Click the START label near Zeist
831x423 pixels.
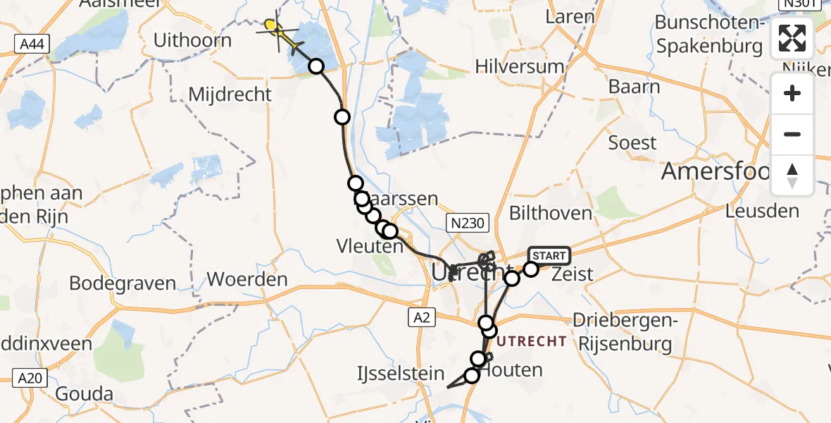[549, 255]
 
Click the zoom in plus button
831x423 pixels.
[792, 94]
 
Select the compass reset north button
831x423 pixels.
[792, 175]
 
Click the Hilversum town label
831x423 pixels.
[520, 67]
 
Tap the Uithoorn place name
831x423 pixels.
[193, 40]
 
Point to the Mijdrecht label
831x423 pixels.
[230, 94]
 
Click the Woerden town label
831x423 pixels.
[247, 279]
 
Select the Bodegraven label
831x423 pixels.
[123, 283]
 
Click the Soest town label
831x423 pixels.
[632, 143]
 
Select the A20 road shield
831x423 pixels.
[30, 379]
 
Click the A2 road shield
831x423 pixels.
[421, 318]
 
